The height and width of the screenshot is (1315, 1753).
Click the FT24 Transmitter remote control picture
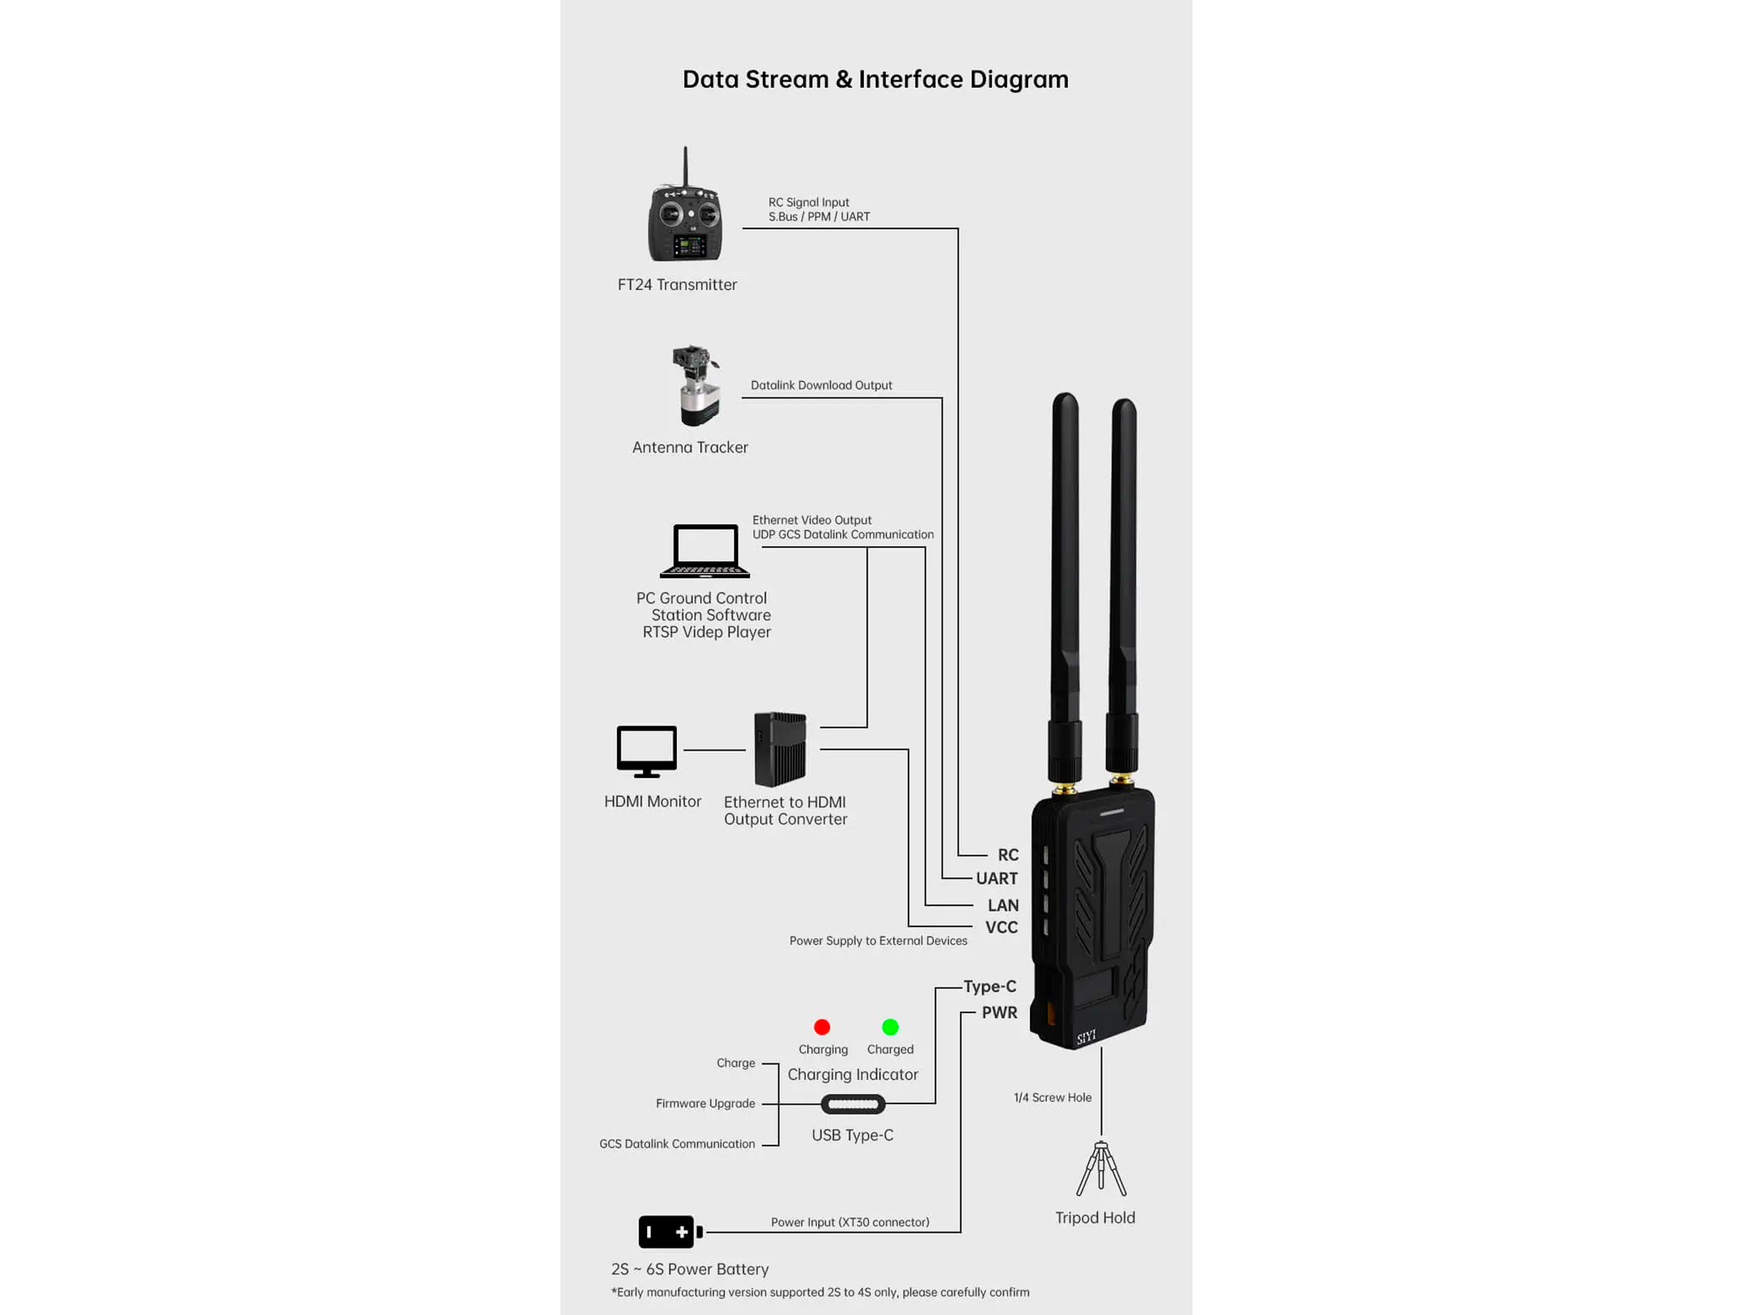(685, 214)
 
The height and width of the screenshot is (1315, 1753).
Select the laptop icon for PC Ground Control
(705, 551)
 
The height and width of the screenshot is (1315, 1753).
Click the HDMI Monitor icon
(647, 750)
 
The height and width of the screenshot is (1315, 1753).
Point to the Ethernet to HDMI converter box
(781, 749)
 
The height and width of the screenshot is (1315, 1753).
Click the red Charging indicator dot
(822, 1027)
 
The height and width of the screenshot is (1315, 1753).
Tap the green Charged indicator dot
(890, 1027)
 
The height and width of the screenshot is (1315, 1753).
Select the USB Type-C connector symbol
(853, 1104)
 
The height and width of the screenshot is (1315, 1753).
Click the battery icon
(670, 1232)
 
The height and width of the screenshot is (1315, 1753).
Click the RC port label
(1007, 855)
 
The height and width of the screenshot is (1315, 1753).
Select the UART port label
(996, 878)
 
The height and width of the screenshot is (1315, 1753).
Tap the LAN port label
(1003, 905)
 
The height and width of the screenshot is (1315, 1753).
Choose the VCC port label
(1001, 928)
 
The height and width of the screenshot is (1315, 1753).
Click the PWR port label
(999, 1012)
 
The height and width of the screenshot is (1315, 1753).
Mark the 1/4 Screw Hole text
(1052, 1098)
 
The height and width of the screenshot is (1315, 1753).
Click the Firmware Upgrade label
(705, 1103)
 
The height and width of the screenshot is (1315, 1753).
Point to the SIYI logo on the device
(1086, 1037)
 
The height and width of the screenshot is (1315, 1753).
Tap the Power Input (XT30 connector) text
(850, 1222)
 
